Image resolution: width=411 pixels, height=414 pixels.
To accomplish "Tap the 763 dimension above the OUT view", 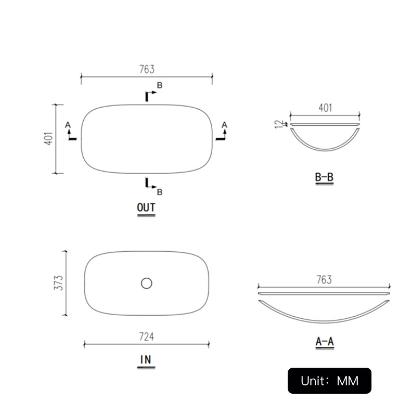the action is (147, 69).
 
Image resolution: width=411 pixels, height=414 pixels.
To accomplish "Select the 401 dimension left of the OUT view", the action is (48, 138).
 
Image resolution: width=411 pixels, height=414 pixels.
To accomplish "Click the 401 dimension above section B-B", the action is (325, 108).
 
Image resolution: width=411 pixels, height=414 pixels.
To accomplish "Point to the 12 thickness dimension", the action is (279, 124).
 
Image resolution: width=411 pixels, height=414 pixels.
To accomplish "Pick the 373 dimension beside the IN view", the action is (59, 283).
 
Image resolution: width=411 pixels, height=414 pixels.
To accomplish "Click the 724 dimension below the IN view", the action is (146, 337).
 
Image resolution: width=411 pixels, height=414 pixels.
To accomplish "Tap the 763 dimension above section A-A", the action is (324, 280).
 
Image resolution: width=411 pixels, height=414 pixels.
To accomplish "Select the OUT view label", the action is (146, 208).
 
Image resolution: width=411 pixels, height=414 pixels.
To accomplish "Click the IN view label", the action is (146, 359).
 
